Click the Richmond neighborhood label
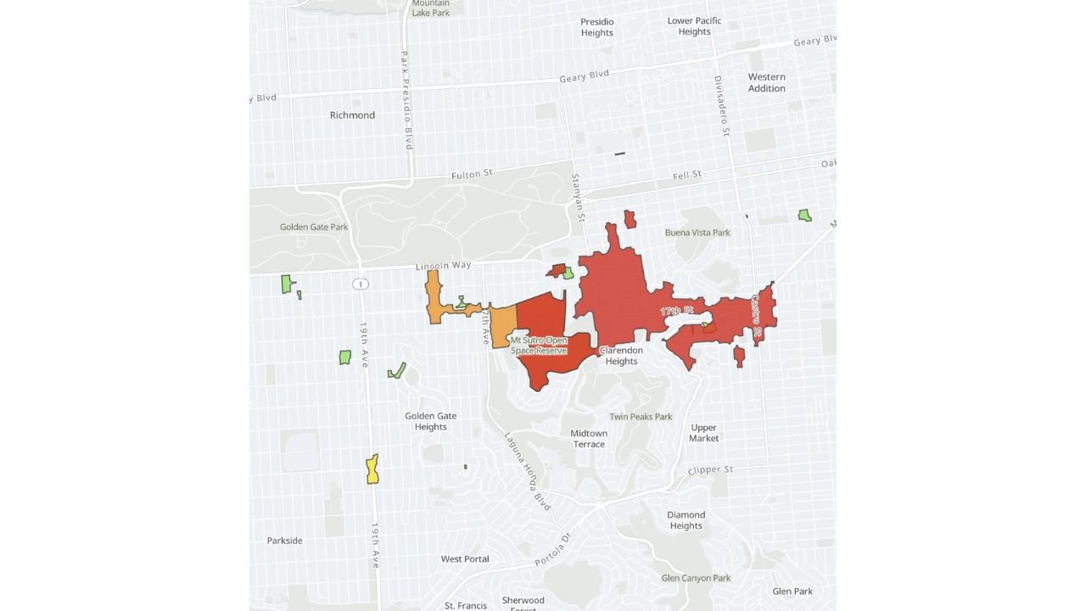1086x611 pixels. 352,115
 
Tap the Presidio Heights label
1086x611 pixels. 596,27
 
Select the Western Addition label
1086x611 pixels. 766,82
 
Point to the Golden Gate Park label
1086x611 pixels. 314,227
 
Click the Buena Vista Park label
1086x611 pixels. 697,233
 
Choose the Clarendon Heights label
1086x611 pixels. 621,356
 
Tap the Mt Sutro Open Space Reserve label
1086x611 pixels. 539,345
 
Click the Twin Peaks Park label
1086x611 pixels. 641,417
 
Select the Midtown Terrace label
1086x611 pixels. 589,439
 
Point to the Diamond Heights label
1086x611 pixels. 686,520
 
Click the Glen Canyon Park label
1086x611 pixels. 696,579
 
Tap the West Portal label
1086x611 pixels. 465,559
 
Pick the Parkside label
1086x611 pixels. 284,541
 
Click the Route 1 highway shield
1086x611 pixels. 361,283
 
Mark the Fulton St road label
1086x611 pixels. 472,174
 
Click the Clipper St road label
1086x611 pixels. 710,470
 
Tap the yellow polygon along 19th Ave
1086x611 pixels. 372,469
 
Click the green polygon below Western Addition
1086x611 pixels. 804,216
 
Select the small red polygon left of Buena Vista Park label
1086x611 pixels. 630,220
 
